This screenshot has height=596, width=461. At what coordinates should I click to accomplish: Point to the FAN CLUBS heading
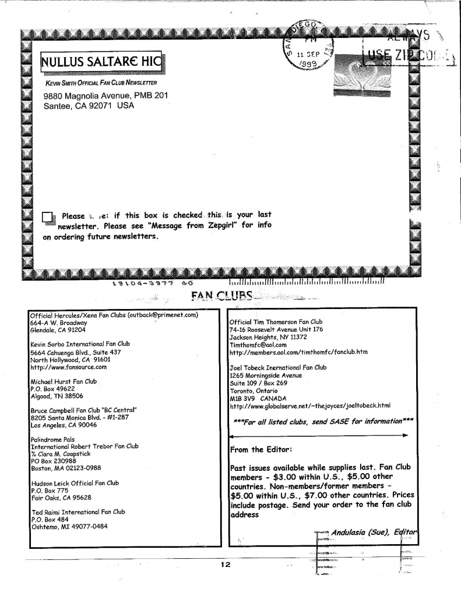click(x=222, y=297)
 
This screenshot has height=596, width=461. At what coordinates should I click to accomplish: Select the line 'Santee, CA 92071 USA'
click(x=89, y=106)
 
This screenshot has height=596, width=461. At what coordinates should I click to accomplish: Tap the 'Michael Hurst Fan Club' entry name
click(x=64, y=382)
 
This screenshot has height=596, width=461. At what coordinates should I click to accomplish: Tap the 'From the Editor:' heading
click(x=257, y=449)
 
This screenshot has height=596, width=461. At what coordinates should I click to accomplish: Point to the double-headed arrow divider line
click(x=319, y=435)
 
